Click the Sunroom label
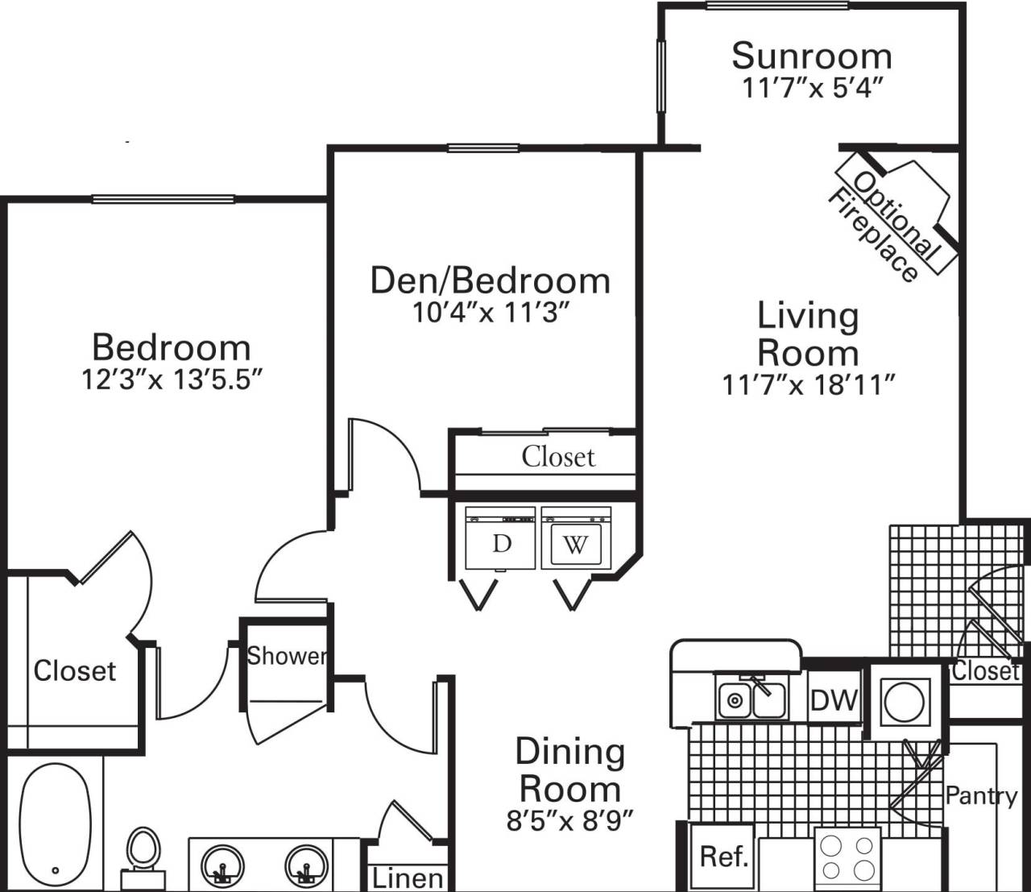pyautogui.click(x=811, y=56)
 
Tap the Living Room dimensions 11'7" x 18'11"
pyautogui.click(x=809, y=385)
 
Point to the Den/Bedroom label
pyautogui.click(x=490, y=280)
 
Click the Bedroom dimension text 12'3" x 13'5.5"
pyautogui.click(x=172, y=380)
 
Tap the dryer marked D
pyautogui.click(x=501, y=544)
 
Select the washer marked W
pyautogui.click(x=575, y=545)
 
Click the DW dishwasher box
pyautogui.click(x=834, y=700)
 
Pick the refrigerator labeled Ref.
pyautogui.click(x=724, y=856)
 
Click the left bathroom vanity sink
pyautogui.click(x=220, y=865)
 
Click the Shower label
pyautogui.click(x=287, y=656)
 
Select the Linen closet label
pyautogui.click(x=408, y=877)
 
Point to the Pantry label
pyautogui.click(x=980, y=796)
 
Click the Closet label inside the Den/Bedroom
pyautogui.click(x=558, y=457)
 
